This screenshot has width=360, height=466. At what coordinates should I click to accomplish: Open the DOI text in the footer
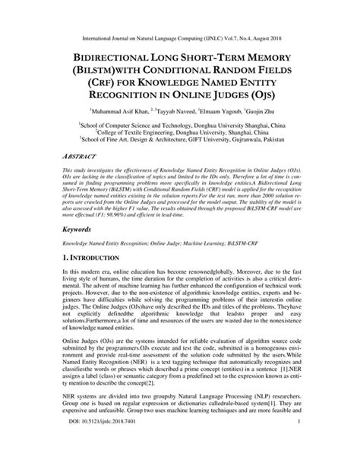pos(102,454)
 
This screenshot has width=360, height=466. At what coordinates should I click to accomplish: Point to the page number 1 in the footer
pos(301,454)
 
